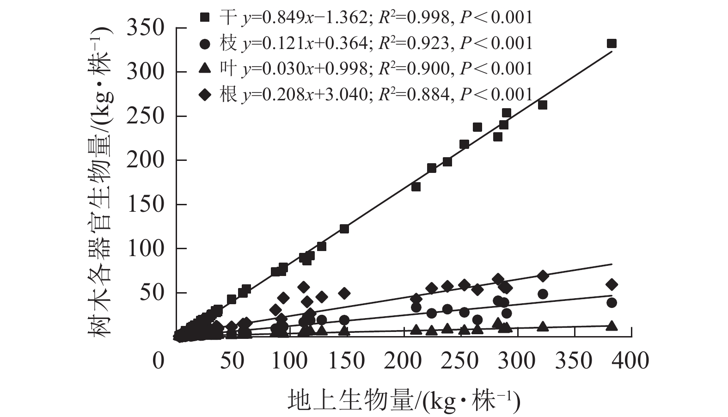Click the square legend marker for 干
(204, 18)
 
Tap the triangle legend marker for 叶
(204, 69)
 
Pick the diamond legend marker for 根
(204, 95)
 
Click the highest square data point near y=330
(612, 43)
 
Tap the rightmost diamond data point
(612, 284)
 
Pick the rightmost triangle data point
(612, 326)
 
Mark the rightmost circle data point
(612, 303)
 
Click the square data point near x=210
(416, 187)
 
